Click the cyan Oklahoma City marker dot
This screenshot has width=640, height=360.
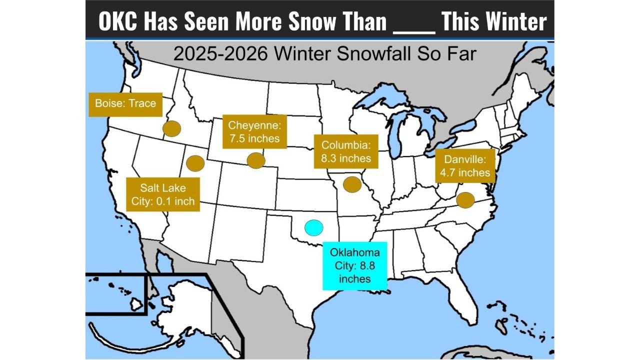(313, 227)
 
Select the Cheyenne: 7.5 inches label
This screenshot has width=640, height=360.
(254, 131)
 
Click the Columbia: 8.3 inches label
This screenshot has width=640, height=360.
(346, 151)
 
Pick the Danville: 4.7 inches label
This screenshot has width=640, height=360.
(464, 166)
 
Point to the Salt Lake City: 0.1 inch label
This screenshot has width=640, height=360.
(162, 194)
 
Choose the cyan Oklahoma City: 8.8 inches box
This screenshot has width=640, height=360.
(354, 266)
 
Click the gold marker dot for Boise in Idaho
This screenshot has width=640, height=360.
(172, 128)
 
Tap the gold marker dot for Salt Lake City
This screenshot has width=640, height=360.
(195, 162)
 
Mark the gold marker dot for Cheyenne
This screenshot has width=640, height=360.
(256, 160)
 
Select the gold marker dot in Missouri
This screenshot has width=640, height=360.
(352, 184)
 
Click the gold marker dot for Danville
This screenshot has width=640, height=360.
(465, 200)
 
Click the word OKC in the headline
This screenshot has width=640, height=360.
(118, 21)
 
